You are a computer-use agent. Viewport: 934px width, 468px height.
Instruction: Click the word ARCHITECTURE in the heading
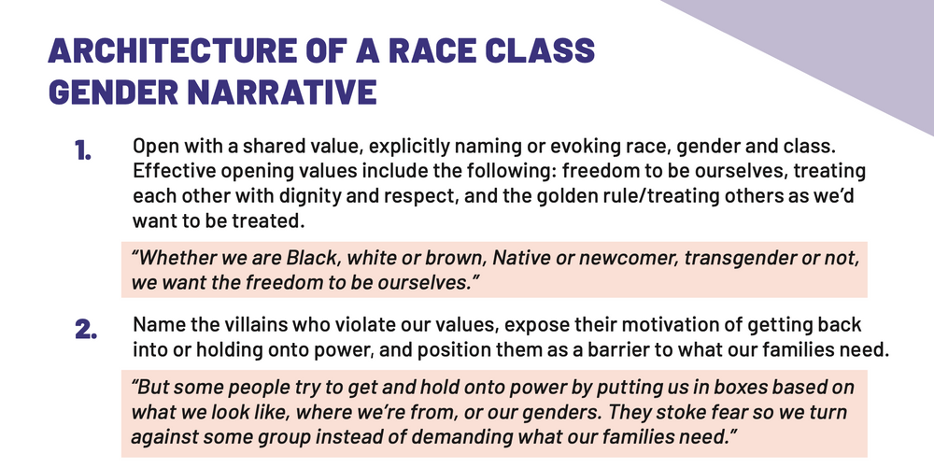point(172,50)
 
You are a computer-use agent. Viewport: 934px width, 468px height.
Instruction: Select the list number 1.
point(83,150)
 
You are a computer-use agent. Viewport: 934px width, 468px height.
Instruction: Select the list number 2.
point(86,330)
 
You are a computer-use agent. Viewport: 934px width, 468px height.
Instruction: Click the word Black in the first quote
point(310,258)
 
